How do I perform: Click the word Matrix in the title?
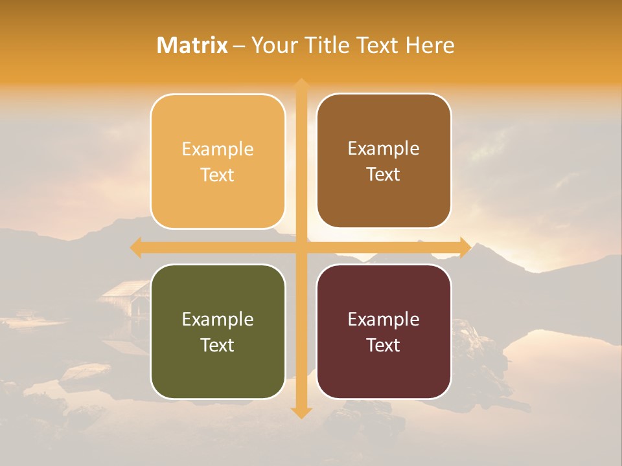click(192, 45)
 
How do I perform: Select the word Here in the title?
click(430, 45)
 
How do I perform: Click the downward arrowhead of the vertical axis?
click(301, 412)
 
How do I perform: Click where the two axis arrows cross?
click(301, 247)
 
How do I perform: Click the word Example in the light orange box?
click(218, 150)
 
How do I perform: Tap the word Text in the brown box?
click(384, 175)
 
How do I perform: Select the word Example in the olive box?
click(218, 320)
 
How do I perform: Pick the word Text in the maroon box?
click(384, 345)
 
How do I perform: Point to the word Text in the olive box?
click(218, 345)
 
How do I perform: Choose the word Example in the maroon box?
click(384, 320)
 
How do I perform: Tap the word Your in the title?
click(270, 45)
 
